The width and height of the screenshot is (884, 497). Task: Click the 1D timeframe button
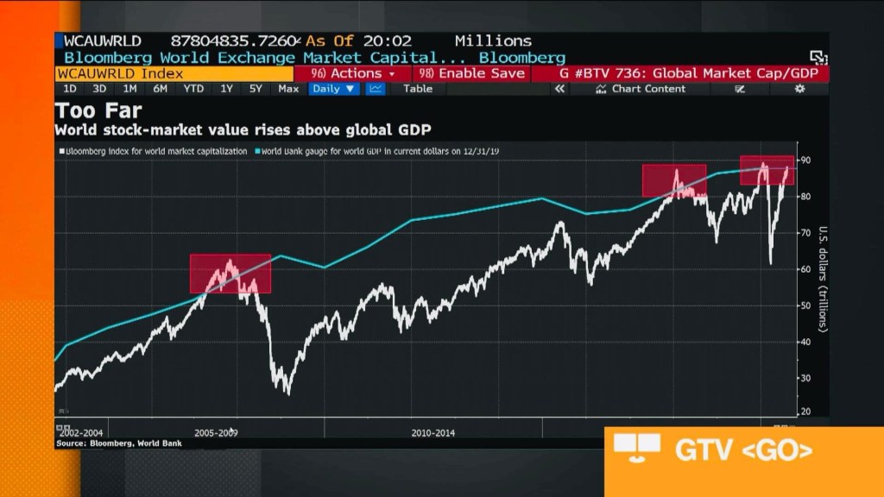click(70, 89)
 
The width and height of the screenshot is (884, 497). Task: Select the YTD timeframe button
click(193, 89)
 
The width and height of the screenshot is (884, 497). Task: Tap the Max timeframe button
click(288, 89)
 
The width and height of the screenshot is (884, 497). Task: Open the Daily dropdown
click(334, 89)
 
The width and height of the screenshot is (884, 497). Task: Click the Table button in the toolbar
click(418, 89)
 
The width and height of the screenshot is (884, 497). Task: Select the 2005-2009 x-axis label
click(216, 432)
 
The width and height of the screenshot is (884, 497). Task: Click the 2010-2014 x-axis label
click(433, 432)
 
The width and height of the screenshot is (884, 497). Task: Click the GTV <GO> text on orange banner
click(742, 450)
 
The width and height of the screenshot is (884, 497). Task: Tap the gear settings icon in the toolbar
click(799, 89)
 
